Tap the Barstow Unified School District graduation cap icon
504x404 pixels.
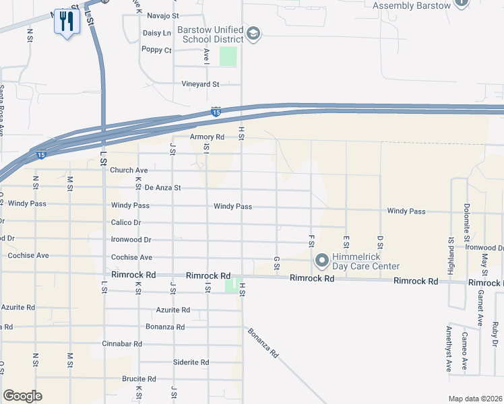pyautogui.click(x=253, y=34)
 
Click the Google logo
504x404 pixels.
pyautogui.click(x=22, y=396)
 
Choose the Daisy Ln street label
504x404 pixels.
pyautogui.click(x=157, y=32)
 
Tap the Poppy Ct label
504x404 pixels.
pyautogui.click(x=157, y=49)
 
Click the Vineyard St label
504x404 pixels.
pyautogui.click(x=201, y=84)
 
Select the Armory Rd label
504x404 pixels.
pyautogui.click(x=206, y=137)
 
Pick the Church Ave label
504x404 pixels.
pyautogui.click(x=129, y=170)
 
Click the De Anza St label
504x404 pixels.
pyautogui.click(x=163, y=188)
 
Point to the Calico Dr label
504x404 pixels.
pyautogui.click(x=126, y=222)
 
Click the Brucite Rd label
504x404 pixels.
pyautogui.click(x=139, y=378)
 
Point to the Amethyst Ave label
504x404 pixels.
pyautogui.click(x=449, y=349)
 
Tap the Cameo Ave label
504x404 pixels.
pyautogui.click(x=465, y=351)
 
